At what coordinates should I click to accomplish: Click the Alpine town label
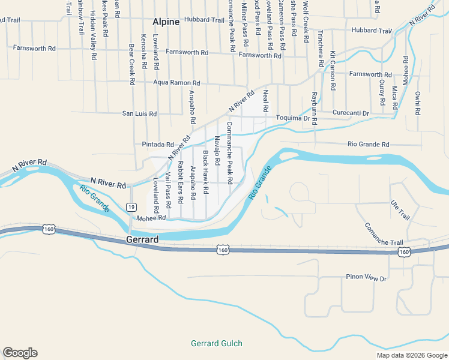(166, 22)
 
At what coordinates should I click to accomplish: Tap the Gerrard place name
(142, 239)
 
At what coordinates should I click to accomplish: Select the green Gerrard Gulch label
(217, 344)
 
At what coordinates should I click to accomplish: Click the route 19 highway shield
(131, 207)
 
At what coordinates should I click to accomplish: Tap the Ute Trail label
(399, 211)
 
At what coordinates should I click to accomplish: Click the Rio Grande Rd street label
(369, 144)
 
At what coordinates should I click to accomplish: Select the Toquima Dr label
(296, 119)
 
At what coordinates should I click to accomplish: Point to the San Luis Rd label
(139, 113)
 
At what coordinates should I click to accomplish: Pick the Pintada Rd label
(158, 145)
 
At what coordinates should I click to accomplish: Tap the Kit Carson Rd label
(332, 71)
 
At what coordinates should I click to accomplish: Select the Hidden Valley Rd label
(94, 35)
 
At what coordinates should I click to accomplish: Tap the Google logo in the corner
(20, 353)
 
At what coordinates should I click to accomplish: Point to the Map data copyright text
(411, 355)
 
